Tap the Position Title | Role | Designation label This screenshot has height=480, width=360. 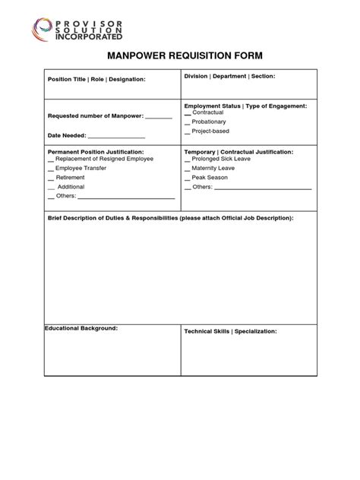click(96, 79)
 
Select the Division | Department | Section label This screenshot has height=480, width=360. click(229, 76)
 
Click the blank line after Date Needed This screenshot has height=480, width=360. click(116, 136)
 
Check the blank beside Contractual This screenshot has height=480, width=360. click(188, 112)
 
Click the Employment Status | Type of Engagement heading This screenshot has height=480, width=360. click(245, 106)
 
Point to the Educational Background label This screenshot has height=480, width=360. click(81, 328)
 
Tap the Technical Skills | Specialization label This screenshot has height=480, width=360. click(230, 332)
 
